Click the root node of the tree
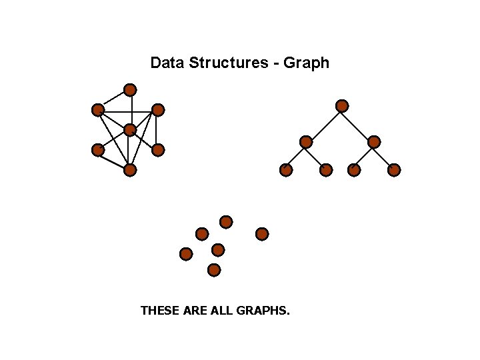point(342,106)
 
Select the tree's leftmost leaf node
point(286,170)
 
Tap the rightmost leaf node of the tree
point(394,170)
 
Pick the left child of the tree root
point(306,142)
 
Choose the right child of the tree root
point(374,142)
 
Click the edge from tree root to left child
point(324,124)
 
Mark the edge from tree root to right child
point(358,124)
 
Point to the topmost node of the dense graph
point(131,89)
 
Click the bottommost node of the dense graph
point(130,170)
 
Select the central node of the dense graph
point(130,129)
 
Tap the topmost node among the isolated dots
point(226,221)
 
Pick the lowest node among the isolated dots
point(214,270)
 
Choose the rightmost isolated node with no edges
point(262,234)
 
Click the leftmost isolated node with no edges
point(186,254)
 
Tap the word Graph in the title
point(306,63)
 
